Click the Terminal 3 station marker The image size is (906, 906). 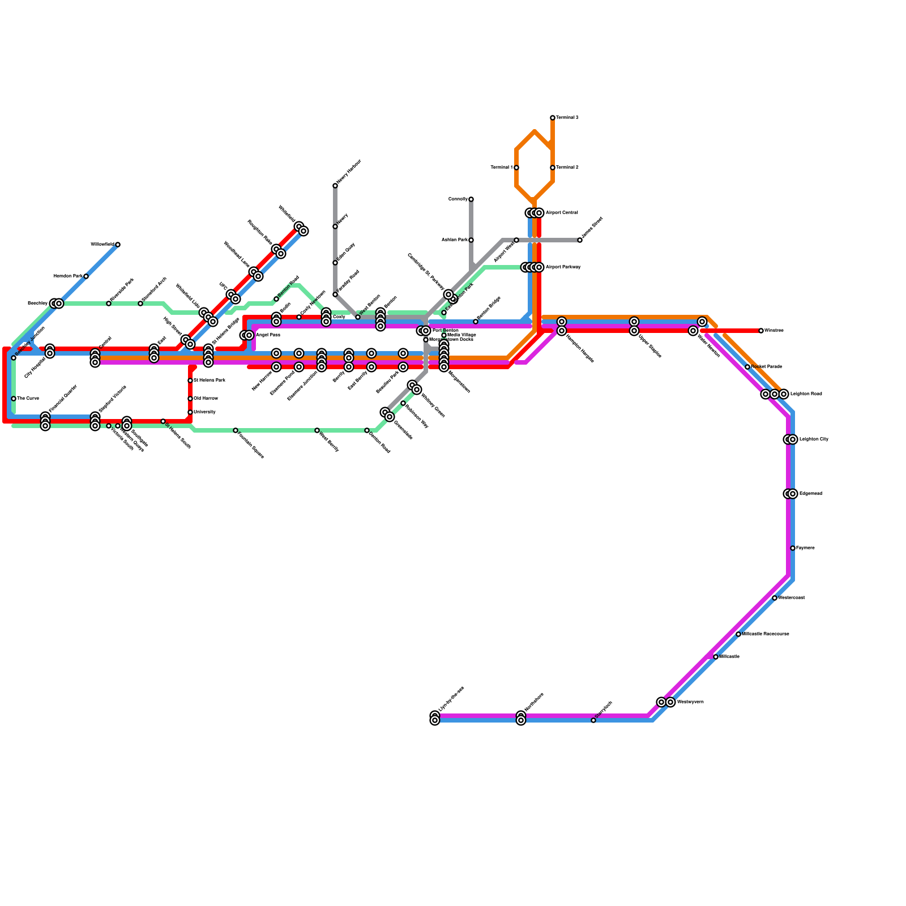(x=553, y=118)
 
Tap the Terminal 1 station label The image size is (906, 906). (x=501, y=168)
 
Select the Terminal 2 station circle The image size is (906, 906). (x=553, y=168)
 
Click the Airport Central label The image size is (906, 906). (x=562, y=213)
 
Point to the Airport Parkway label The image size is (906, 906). (x=563, y=267)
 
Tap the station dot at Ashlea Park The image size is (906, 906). (x=471, y=240)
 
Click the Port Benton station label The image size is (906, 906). (x=445, y=330)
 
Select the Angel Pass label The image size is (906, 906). (x=268, y=335)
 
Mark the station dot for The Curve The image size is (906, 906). (x=14, y=399)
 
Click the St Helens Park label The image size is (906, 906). (x=210, y=381)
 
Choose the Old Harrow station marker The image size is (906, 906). (x=190, y=399)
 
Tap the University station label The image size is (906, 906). (x=204, y=412)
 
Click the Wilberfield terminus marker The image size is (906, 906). (x=118, y=245)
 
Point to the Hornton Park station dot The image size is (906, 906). (x=86, y=276)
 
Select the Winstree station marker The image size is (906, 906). (x=761, y=331)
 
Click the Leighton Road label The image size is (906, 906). (x=806, y=394)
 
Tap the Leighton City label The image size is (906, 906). (x=814, y=439)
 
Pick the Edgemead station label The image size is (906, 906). (x=810, y=494)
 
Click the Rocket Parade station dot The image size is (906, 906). (x=747, y=367)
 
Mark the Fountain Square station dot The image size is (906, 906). (x=236, y=430)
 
